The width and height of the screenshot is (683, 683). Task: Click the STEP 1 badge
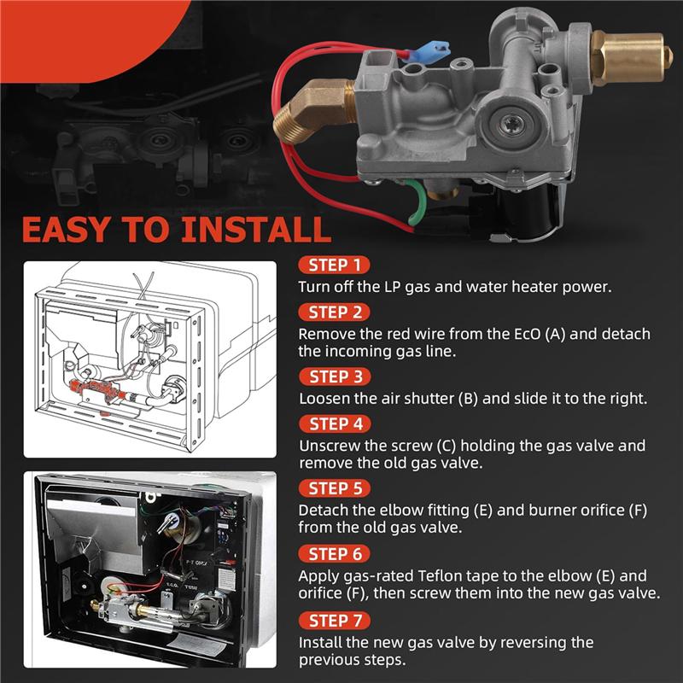(x=334, y=266)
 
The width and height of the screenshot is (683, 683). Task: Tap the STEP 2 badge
(x=334, y=312)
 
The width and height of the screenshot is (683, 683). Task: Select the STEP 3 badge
(x=335, y=377)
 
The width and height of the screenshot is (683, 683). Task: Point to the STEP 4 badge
(x=335, y=423)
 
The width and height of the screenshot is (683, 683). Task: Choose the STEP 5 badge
(x=335, y=488)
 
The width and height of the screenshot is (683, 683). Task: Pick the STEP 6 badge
(x=334, y=554)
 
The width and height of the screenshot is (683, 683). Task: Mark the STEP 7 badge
(x=335, y=621)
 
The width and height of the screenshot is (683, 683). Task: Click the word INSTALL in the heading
(x=255, y=230)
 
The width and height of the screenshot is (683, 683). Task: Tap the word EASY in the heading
(x=67, y=230)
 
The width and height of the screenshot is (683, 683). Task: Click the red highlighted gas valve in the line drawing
(x=96, y=388)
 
